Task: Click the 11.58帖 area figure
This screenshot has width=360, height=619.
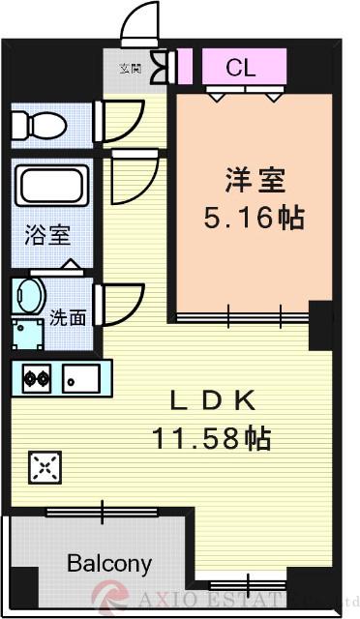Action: click(211, 438)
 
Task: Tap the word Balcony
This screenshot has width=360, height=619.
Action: click(109, 563)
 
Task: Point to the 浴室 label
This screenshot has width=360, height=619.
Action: click(46, 235)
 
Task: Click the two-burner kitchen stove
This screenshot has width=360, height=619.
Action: click(37, 377)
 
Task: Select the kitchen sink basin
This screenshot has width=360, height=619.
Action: click(82, 377)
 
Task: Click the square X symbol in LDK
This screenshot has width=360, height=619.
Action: click(43, 468)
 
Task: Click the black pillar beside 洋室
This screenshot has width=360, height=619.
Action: click(320, 326)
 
